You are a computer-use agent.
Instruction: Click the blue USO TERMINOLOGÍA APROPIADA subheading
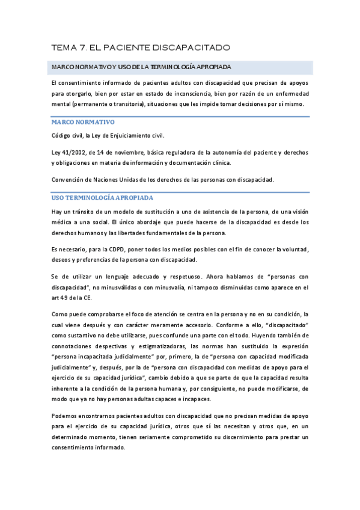pos(102,197)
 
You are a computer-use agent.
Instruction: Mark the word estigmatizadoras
pos(178,346)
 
